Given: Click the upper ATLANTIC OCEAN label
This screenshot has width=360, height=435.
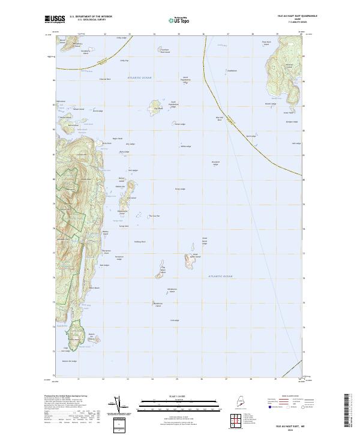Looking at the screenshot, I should click(x=140, y=78).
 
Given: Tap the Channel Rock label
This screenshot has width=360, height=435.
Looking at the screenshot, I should click(x=104, y=79).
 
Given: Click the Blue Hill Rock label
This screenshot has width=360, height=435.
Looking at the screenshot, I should click(x=219, y=118).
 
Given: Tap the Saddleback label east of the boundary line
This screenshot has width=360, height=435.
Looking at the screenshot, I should click(x=232, y=71).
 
